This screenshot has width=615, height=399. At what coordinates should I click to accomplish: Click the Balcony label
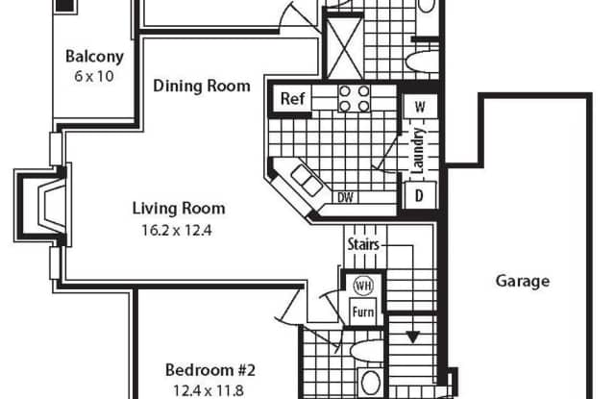94,56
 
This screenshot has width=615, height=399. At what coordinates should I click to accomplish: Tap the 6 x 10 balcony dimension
94,76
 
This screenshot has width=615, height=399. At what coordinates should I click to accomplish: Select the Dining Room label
202,86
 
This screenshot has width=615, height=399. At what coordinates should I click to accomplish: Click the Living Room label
179,209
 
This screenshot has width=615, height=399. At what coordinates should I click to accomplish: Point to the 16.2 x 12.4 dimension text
177,231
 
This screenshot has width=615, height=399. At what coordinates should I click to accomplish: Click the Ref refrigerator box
292,98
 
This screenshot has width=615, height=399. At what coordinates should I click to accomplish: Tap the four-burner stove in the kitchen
355,98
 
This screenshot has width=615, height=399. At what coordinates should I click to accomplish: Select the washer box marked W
420,107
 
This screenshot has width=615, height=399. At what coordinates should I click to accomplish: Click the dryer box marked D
420,195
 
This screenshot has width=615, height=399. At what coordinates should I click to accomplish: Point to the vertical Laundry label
418,150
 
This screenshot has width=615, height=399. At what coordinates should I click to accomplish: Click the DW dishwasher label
345,197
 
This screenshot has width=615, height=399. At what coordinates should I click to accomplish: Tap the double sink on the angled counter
307,180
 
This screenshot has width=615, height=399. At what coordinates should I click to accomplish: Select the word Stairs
363,244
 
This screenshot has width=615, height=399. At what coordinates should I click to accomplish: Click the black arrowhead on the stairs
412,337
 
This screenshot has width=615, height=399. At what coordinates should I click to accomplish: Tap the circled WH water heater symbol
363,286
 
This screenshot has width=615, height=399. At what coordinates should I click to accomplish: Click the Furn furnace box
363,312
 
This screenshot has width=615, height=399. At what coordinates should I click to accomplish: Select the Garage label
523,281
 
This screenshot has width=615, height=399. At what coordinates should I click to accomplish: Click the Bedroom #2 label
210,370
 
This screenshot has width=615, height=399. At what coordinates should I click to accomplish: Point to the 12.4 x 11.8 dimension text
209,390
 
